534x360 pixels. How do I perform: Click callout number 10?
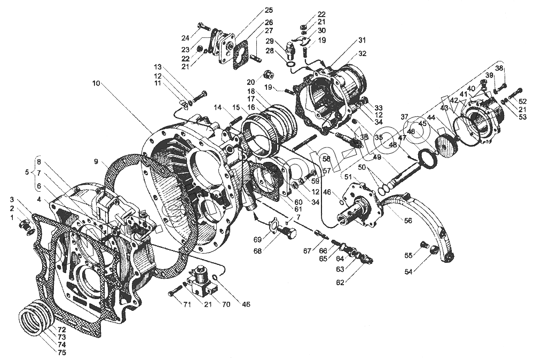[96, 83]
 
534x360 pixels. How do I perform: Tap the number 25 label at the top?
[268, 10]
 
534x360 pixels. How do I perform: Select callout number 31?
[362, 40]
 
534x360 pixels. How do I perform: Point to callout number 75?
[62, 353]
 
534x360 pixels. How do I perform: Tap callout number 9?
[96, 161]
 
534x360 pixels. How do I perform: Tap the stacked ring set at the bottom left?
[36, 318]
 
